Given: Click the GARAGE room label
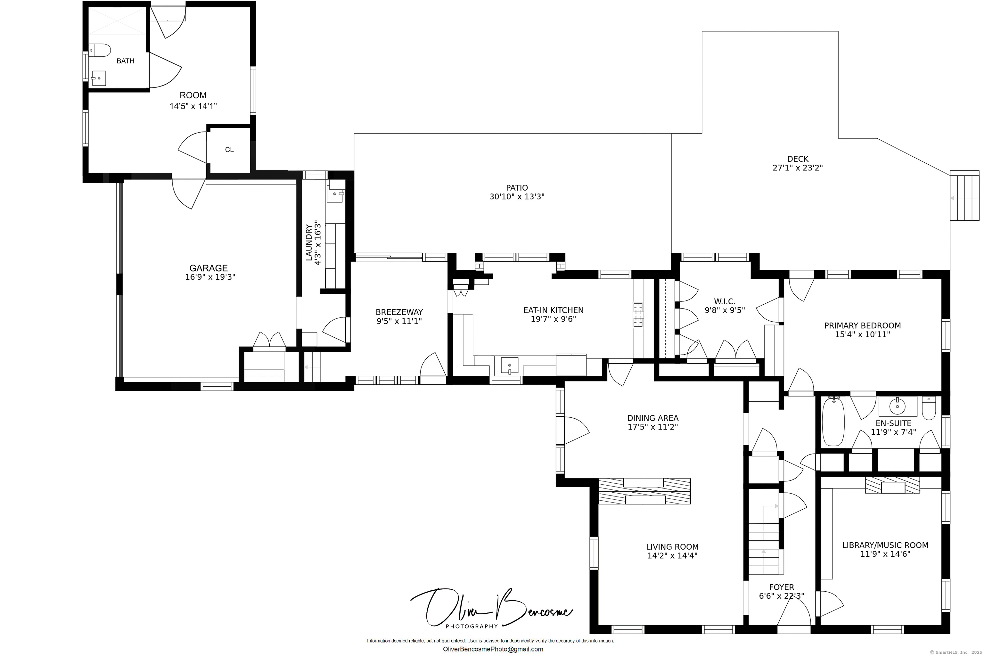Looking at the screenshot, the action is tap(208, 268).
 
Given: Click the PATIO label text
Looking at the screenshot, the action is tap(517, 188).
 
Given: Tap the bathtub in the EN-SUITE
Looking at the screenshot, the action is tap(833, 422).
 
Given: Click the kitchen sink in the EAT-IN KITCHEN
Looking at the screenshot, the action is tap(509, 365).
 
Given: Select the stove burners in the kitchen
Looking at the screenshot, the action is tap(638, 315).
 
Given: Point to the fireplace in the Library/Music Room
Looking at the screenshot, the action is tap(892, 485).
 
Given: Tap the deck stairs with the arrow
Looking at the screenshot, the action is tap(964, 201).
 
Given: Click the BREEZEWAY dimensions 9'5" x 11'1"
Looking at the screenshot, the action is tap(399, 321).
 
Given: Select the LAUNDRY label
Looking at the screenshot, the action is tap(309, 243).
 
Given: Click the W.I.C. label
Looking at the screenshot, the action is tap(725, 301).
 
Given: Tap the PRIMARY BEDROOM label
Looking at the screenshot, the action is tap(862, 325).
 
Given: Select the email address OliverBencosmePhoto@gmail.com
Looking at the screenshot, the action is tap(493, 649).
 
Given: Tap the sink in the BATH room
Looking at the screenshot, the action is tap(99, 78).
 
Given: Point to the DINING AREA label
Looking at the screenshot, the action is tap(653, 418).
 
